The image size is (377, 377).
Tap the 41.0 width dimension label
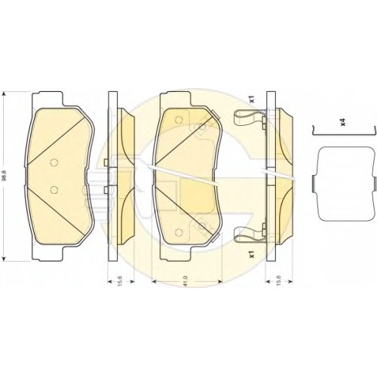point(186,281)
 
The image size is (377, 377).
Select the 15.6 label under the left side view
point(120,281)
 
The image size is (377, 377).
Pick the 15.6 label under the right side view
point(279,281)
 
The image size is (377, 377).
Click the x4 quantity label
point(343,123)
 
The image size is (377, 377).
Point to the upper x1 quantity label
point(253,100)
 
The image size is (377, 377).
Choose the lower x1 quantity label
point(253,255)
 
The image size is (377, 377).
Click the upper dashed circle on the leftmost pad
point(54,163)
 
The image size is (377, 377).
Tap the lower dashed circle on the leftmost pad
point(54,189)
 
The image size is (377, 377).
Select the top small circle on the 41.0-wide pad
point(179,120)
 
